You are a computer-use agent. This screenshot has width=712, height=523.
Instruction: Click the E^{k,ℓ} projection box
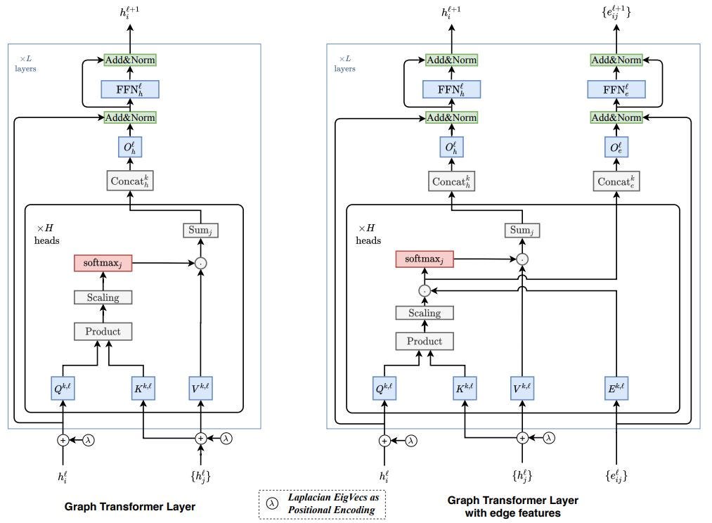(x=616, y=388)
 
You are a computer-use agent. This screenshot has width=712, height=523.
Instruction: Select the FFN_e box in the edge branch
(x=616, y=89)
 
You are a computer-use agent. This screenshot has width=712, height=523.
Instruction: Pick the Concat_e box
(x=616, y=181)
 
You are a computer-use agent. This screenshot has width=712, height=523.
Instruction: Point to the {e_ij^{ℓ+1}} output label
(x=616, y=12)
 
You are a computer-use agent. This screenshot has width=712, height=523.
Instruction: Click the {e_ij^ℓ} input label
(x=616, y=477)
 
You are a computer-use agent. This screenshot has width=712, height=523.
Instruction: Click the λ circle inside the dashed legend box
(x=271, y=504)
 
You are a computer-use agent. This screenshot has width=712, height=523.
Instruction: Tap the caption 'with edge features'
(x=512, y=513)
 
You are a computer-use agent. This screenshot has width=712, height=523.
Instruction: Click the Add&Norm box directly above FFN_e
(x=616, y=60)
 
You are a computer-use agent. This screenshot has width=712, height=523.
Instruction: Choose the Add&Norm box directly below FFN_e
(x=616, y=117)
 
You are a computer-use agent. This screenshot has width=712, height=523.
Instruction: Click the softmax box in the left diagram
(x=103, y=264)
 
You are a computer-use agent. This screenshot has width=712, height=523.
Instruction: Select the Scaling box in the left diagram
(x=103, y=297)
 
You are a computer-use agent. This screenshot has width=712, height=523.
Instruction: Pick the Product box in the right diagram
(x=425, y=341)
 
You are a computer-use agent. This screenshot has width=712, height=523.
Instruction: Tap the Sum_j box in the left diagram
(x=200, y=230)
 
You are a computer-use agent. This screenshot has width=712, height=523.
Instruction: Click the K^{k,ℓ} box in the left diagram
(x=143, y=388)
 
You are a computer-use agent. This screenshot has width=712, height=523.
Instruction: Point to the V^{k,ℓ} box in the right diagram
(x=522, y=388)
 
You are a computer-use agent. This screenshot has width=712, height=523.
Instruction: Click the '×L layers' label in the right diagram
(x=344, y=63)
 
